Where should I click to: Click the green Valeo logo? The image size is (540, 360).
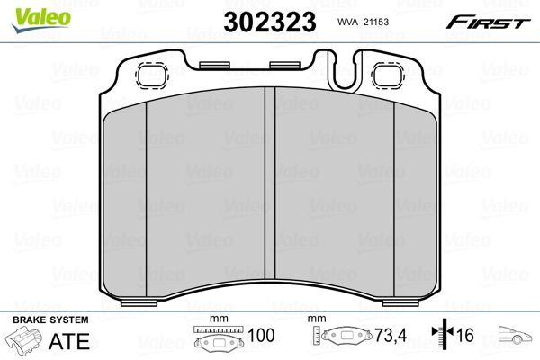click(41, 20)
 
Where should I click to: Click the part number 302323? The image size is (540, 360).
click(270, 22)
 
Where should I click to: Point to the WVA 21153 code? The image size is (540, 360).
click(363, 22)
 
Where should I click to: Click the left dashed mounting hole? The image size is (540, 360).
click(152, 76)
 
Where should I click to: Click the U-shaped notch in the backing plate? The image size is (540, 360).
click(344, 74)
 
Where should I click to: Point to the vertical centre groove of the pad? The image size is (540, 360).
click(270, 184)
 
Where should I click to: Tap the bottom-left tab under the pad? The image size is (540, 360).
click(139, 302)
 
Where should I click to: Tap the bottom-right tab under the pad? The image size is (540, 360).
click(400, 302)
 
